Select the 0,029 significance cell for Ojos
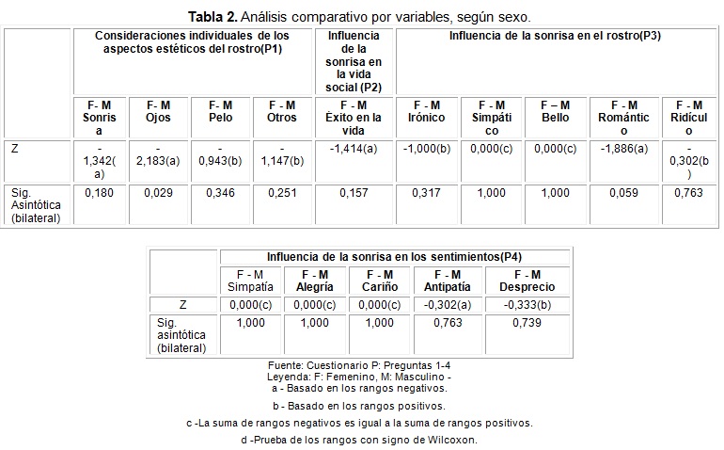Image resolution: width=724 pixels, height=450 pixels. click(158, 192)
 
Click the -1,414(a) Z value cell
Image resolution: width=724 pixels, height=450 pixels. click(354, 149)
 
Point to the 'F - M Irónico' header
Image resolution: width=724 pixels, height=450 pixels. click(427, 111)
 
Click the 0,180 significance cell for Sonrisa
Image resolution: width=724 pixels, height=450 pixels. click(100, 192)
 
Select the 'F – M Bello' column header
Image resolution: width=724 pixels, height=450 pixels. click(556, 111)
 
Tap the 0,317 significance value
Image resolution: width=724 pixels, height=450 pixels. click(427, 192)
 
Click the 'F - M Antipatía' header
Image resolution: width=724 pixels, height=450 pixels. click(449, 280)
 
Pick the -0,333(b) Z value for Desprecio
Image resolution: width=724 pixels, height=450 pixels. click(527, 304)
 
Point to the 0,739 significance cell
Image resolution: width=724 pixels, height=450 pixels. click(527, 322)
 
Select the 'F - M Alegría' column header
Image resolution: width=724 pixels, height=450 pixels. click(314, 280)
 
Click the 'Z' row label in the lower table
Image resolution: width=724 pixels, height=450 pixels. click(183, 304)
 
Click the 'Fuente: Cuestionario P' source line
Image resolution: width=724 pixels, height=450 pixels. click(361, 364)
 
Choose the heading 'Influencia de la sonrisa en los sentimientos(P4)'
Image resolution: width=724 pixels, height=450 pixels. click(394, 255)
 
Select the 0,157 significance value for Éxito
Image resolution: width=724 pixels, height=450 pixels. click(354, 192)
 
